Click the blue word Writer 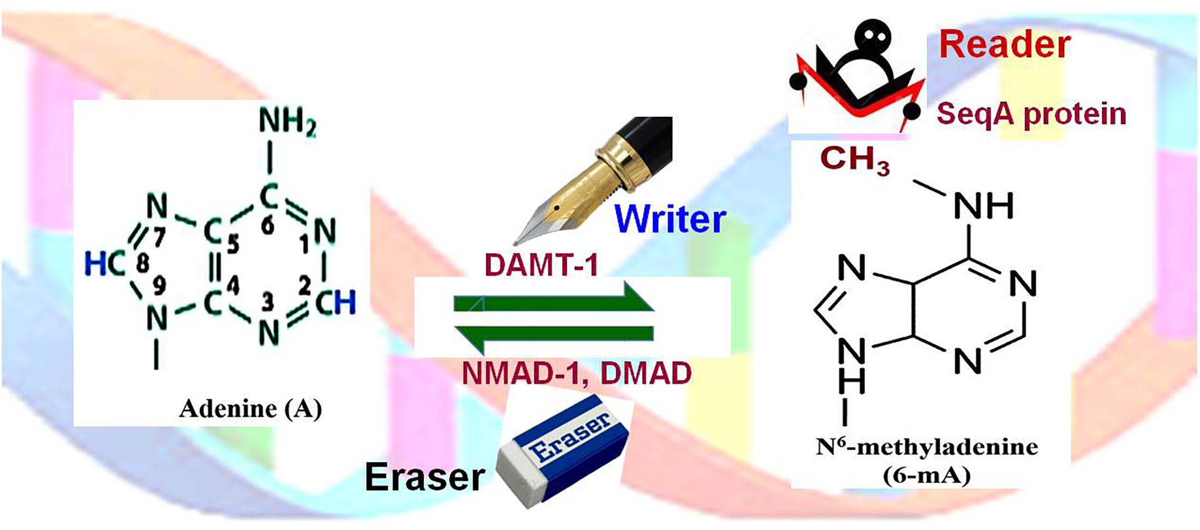point(670,219)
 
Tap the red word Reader point(1004,45)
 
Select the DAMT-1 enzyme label point(541,264)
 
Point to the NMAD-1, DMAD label point(576,374)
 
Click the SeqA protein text point(1031,114)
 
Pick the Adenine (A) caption point(250,408)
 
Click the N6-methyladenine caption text point(927,448)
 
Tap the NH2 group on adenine point(287,121)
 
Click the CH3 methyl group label point(855,160)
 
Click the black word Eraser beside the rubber point(425,477)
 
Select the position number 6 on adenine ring point(267,225)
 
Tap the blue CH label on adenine point(335,303)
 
